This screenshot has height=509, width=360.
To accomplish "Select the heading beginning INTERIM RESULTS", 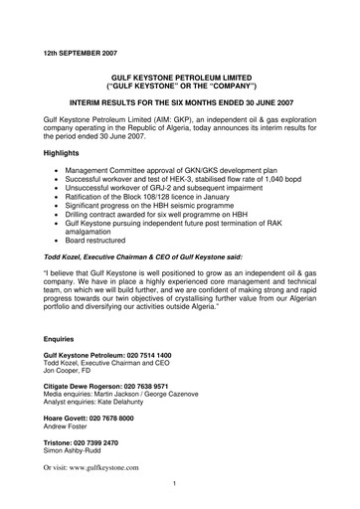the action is [x=179, y=101].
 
